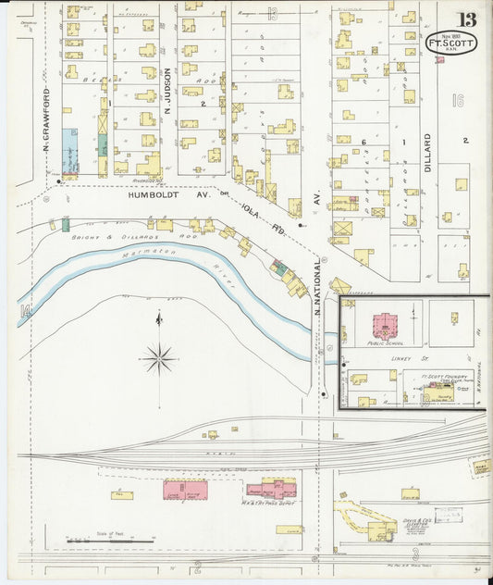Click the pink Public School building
[383, 327]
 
